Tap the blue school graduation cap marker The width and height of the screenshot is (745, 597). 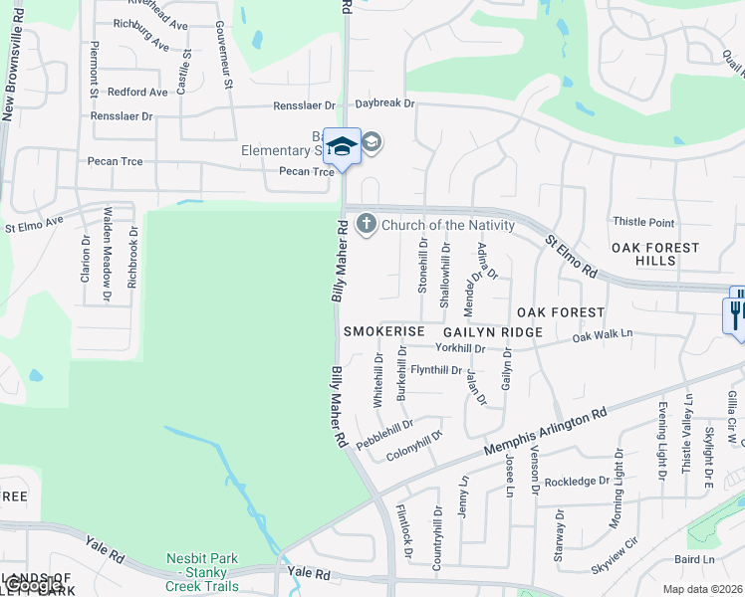(342, 146)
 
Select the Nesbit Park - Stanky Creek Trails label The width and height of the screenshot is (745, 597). (202, 572)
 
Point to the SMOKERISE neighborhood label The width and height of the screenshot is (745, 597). (384, 331)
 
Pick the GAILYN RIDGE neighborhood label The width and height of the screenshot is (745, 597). (493, 331)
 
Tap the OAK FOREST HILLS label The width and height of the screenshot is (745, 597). (656, 254)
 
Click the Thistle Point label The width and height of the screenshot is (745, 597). (643, 223)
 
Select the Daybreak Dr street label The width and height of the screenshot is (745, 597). (384, 103)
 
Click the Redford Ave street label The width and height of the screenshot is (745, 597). (137, 92)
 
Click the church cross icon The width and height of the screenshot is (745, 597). (367, 223)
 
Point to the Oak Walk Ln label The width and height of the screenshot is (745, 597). (603, 337)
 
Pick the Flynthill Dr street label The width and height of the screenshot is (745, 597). (436, 370)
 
